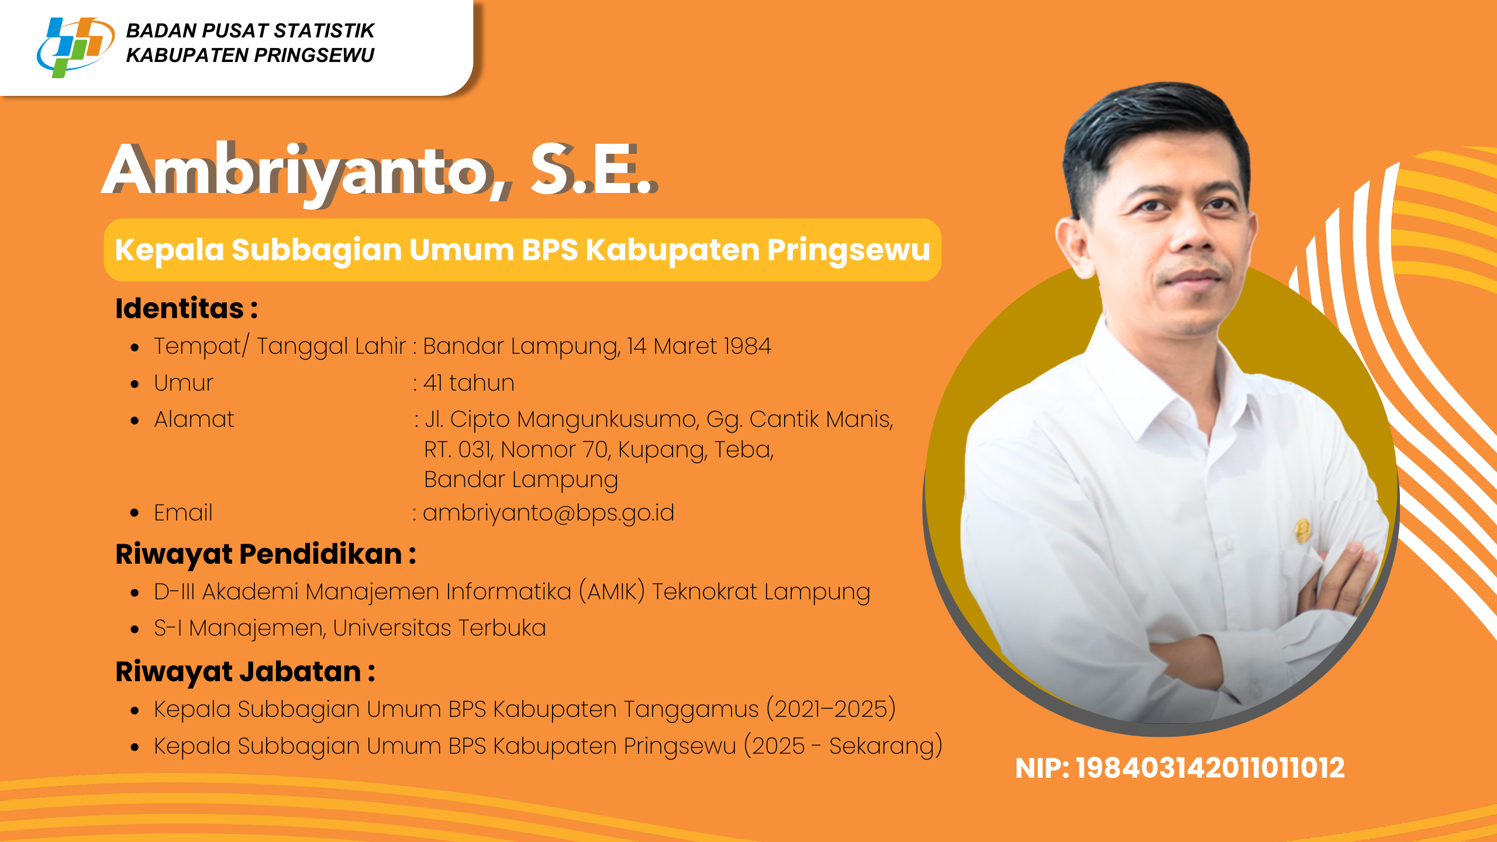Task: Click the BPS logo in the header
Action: tap(75, 47)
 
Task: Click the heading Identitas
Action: tap(179, 308)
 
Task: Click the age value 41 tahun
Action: tap(468, 383)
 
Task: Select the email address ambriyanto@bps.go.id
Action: tap(549, 513)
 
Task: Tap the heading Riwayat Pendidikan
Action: tap(258, 554)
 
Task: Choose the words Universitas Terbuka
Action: tap(439, 628)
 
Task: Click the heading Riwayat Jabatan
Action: tap(238, 672)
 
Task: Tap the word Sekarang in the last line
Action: tap(880, 746)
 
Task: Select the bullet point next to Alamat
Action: tap(135, 420)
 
